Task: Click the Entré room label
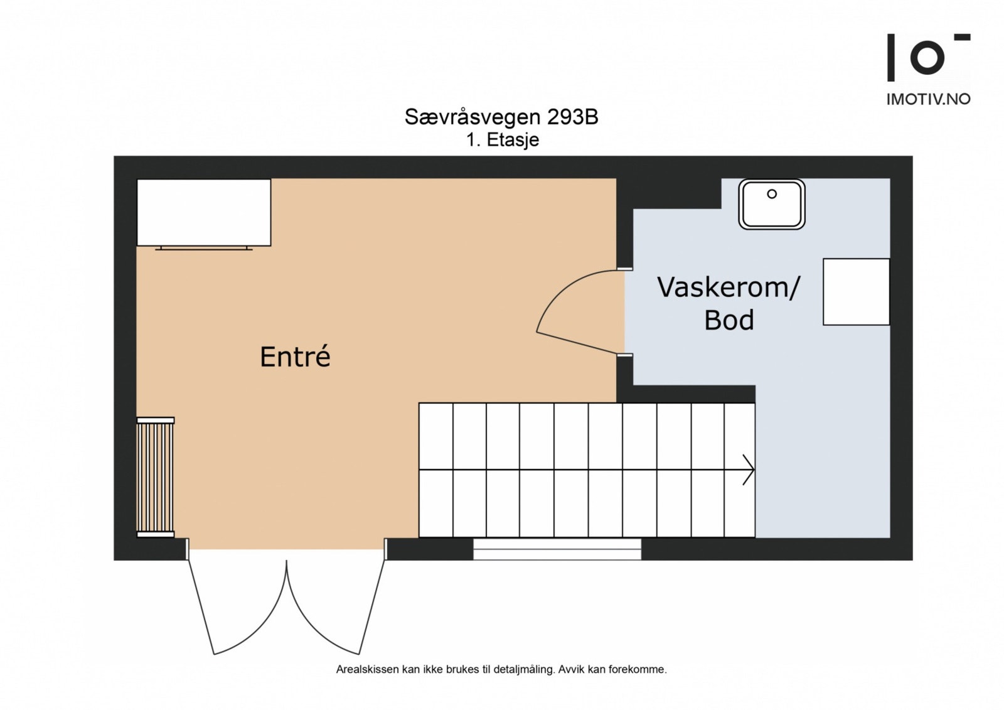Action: click(x=295, y=357)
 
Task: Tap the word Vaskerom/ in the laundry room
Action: click(x=728, y=288)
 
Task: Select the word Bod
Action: click(x=729, y=321)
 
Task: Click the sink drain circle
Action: click(x=772, y=194)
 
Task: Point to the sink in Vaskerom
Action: click(x=772, y=205)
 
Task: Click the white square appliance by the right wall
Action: click(x=856, y=292)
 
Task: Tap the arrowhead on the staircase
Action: click(x=748, y=470)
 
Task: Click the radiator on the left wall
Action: click(x=155, y=478)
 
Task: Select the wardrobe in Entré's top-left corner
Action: click(x=204, y=212)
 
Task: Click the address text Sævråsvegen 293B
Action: click(x=501, y=117)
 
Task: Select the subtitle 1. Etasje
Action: click(x=502, y=139)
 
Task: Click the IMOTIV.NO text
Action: click(x=928, y=99)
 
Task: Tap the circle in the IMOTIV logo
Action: click(x=927, y=58)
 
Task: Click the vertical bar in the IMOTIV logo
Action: click(x=890, y=58)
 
